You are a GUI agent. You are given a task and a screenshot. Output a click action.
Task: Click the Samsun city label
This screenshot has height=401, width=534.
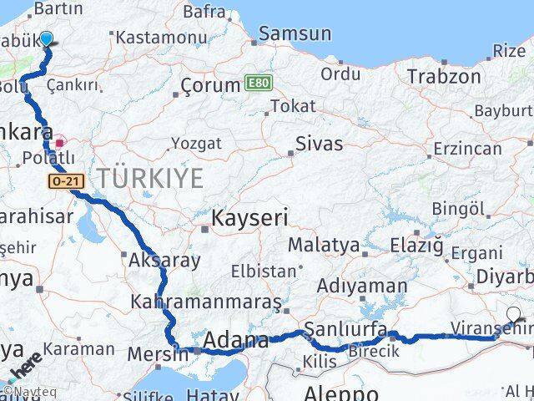(x=295, y=34)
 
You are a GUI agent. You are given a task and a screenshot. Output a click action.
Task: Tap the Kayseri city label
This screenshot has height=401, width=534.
(x=249, y=219)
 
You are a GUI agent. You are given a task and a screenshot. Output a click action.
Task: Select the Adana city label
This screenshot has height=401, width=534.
(x=236, y=341)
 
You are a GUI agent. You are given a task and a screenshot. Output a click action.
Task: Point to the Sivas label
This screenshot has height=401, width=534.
(x=320, y=144)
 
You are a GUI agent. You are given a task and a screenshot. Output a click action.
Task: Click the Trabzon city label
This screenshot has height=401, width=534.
(x=444, y=77)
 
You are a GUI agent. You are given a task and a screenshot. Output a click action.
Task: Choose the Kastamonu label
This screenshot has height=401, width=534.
(x=161, y=38)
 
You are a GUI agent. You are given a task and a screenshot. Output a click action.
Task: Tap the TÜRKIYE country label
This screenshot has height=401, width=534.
(x=150, y=178)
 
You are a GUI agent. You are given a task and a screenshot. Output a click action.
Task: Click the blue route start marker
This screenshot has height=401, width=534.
(x=47, y=38)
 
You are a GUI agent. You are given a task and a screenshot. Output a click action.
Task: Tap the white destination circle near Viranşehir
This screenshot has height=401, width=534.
(x=513, y=315)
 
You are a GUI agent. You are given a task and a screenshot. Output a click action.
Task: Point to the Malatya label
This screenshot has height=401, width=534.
(x=324, y=246)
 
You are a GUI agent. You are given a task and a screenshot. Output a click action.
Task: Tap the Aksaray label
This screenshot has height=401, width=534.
(x=164, y=261)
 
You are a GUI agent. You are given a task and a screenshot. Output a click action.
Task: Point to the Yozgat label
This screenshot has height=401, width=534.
(x=196, y=143)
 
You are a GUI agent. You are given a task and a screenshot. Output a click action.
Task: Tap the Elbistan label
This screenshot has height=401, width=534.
(x=264, y=272)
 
